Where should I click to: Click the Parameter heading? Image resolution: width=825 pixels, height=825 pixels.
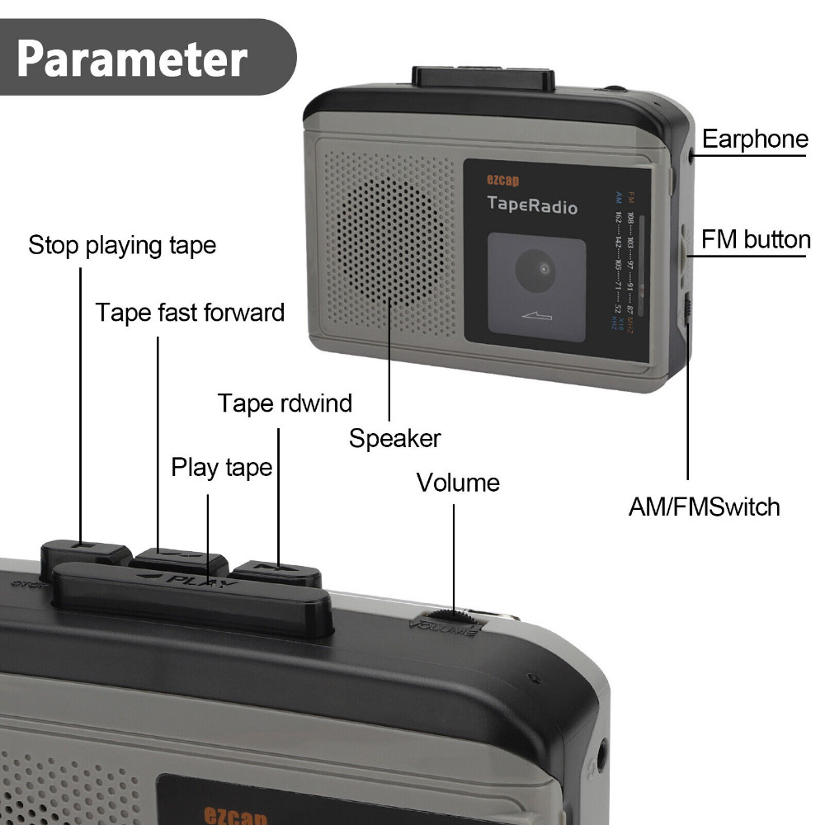[x=132, y=57]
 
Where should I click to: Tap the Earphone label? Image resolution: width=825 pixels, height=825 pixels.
[x=754, y=139]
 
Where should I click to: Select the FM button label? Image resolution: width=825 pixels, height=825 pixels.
[x=756, y=240]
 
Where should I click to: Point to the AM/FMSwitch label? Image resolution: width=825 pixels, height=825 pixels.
[x=704, y=506]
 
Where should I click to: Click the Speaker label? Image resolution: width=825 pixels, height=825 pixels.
[x=394, y=438]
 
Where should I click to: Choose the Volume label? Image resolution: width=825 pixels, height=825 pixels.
[x=458, y=482]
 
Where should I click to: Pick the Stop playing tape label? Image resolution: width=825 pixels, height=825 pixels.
[x=122, y=245]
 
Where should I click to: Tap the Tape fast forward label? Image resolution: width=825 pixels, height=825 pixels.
[x=190, y=313]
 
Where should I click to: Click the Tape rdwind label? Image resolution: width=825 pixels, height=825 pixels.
[x=285, y=403]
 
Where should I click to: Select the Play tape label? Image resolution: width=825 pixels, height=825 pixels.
[x=221, y=468]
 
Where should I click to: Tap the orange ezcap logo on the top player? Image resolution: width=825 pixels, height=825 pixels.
[x=503, y=179]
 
